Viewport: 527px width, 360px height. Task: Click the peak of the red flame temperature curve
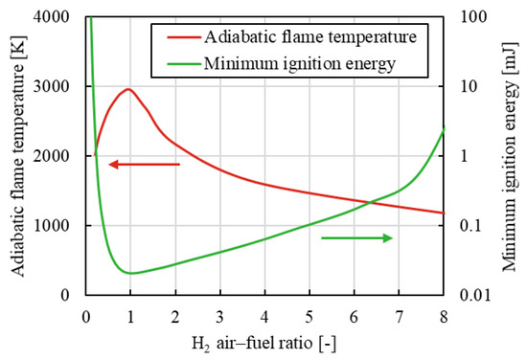pos(128,89)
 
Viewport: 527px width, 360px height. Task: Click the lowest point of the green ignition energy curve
pos(130,273)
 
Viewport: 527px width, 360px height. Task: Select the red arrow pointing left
pos(144,165)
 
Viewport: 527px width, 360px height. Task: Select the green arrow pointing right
pos(356,237)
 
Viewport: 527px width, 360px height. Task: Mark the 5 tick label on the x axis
pos(309,316)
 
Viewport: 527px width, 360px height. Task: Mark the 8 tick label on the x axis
pos(443,316)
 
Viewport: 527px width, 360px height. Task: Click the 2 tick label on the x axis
pos(175,316)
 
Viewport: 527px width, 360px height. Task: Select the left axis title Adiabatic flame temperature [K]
pos(21,155)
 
